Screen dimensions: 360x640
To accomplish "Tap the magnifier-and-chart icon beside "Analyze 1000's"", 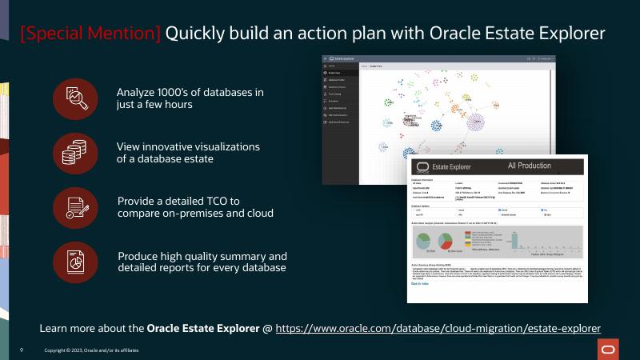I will point(74,98).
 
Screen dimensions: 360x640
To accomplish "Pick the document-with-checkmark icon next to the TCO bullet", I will point(74,206).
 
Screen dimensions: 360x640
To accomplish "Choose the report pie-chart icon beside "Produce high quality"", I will point(74,261).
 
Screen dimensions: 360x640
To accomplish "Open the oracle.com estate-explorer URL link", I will point(438,328).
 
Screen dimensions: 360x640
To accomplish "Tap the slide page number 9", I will point(22,350).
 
